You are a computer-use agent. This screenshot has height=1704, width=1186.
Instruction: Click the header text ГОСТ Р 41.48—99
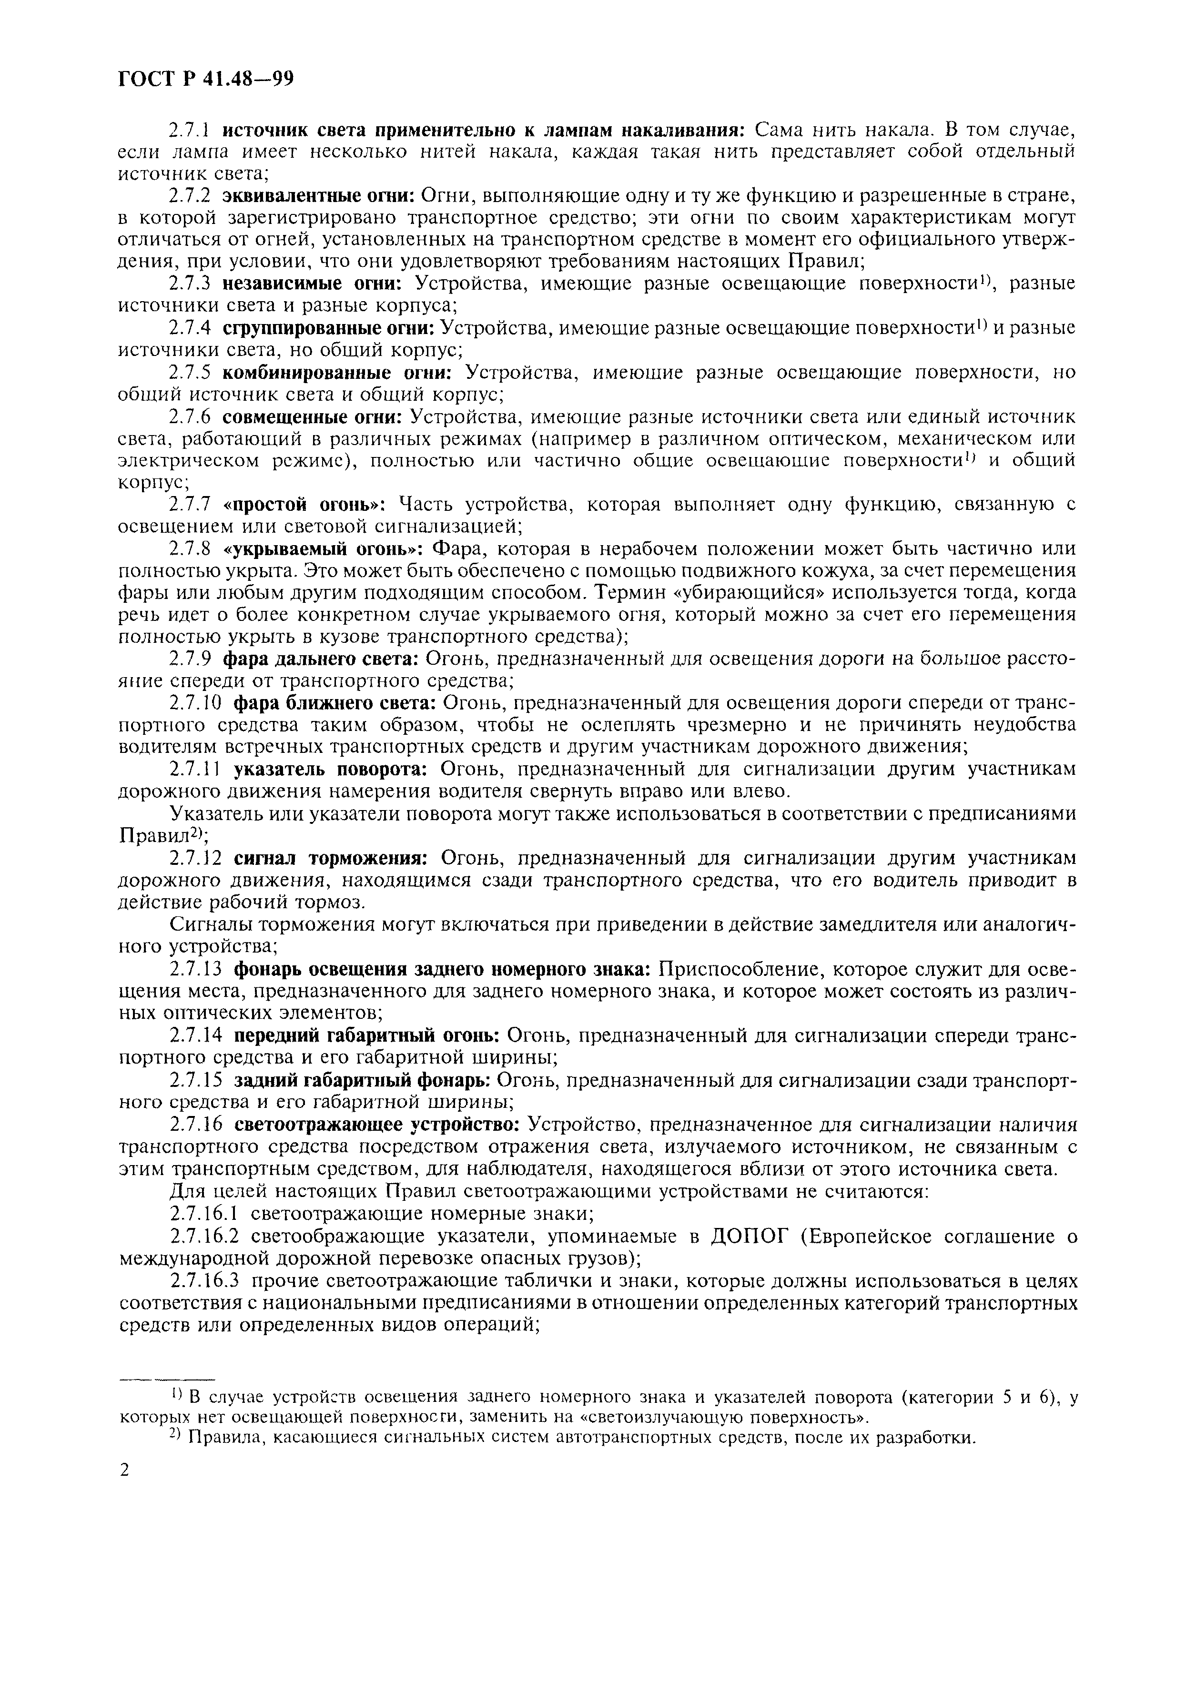click(x=206, y=79)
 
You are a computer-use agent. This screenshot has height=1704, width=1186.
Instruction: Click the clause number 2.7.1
click(x=191, y=131)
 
